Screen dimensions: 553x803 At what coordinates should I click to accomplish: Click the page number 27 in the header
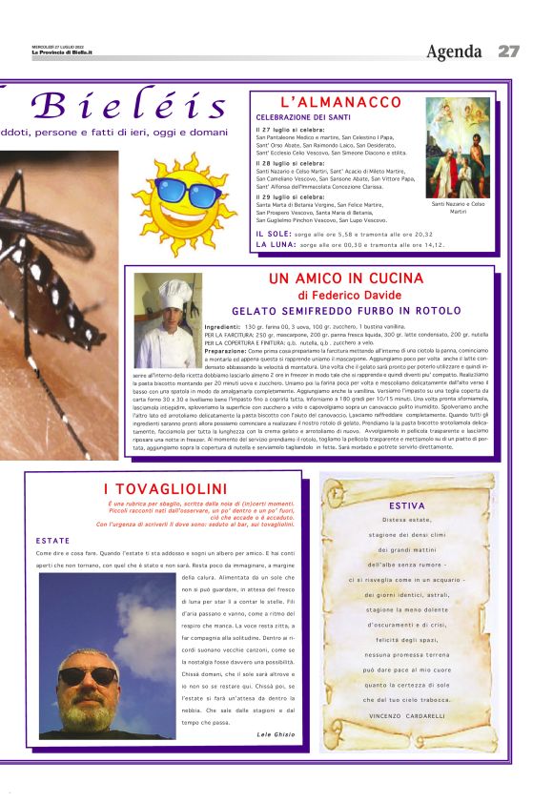508,51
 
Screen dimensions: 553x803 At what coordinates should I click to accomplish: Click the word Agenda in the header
455,51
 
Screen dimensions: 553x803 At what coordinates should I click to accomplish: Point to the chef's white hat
175,293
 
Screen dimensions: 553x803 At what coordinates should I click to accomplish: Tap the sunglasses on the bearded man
88,675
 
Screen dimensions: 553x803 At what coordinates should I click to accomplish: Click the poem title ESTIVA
407,505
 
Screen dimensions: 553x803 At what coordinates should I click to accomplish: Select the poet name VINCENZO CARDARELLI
406,715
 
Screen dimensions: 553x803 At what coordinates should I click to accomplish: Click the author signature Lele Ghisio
276,734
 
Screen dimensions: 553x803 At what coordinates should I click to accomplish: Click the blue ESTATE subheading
52,541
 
